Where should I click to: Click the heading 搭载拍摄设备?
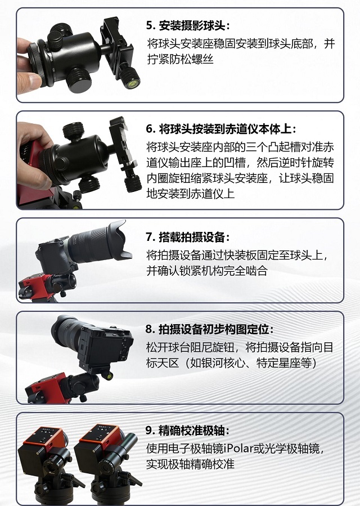pos(192,237)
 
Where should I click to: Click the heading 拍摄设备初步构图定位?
pos(214,329)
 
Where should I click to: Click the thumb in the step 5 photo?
pos(30,80)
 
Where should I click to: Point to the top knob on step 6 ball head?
pos(73,129)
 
